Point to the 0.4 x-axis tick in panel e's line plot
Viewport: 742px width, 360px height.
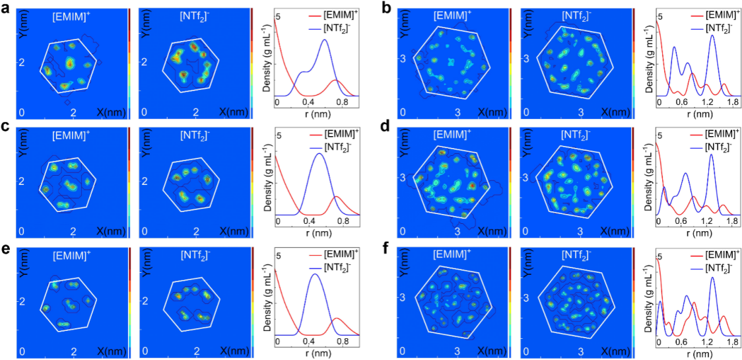(308, 342)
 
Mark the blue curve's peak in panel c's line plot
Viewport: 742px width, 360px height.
(319, 154)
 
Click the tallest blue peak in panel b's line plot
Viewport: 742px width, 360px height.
(713, 36)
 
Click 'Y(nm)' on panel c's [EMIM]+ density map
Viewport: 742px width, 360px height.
(26, 151)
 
